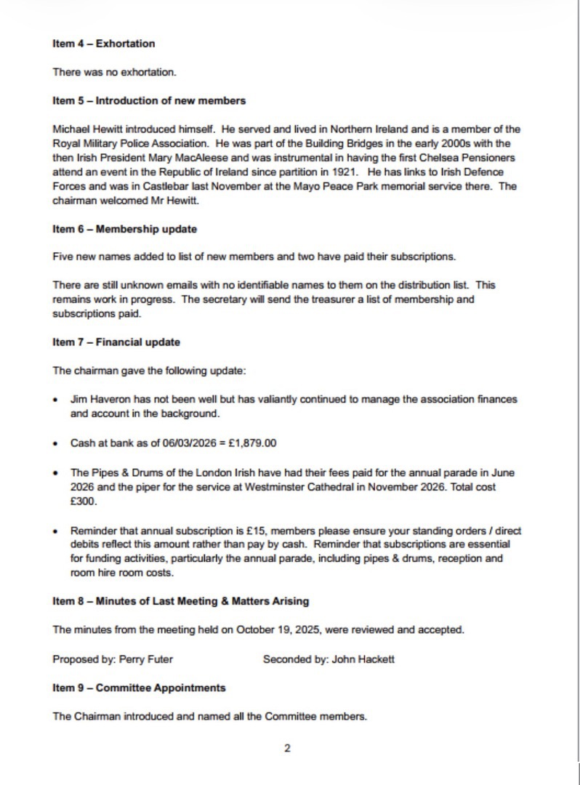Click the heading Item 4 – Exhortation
[103, 44]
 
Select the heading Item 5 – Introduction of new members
[148, 100]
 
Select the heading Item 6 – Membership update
[124, 229]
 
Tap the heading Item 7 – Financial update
[116, 342]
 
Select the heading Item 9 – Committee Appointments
[139, 688]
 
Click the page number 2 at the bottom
[287, 749]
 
